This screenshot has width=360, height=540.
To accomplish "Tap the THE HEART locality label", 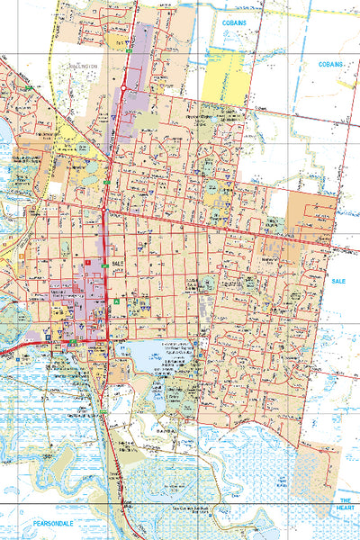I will (x=345, y=503).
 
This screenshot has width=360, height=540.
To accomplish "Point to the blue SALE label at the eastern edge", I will (x=338, y=281).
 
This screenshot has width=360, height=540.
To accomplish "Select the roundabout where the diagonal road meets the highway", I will (x=105, y=211).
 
